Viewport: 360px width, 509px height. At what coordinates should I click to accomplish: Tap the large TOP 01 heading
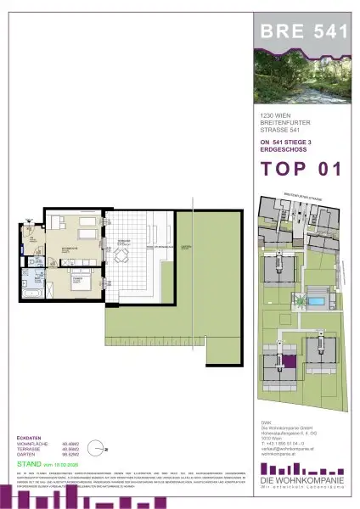(x=301, y=168)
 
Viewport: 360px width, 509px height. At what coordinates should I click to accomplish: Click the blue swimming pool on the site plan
(x=316, y=301)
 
